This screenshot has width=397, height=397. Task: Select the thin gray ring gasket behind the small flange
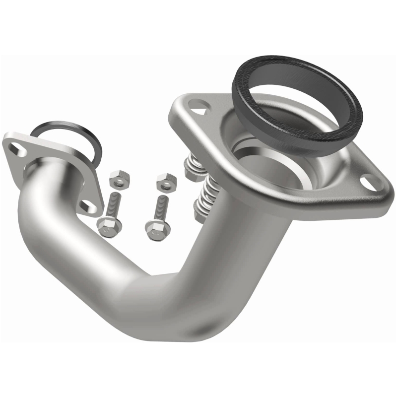pos(94,139)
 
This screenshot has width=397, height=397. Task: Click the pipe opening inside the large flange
pos(268,159)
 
